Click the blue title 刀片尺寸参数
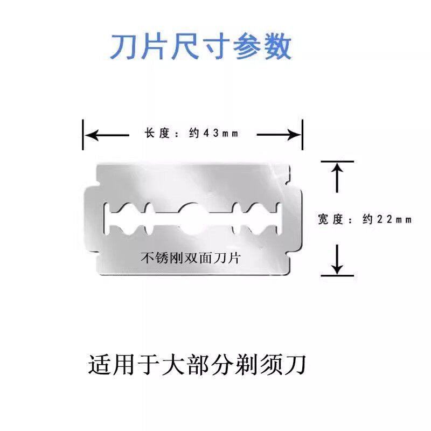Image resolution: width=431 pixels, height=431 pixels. (x=200, y=47)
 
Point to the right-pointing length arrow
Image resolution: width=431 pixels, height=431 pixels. (x=277, y=134)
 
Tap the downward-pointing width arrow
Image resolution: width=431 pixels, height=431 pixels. (x=337, y=259)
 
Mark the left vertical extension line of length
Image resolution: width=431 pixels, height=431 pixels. (x=84, y=135)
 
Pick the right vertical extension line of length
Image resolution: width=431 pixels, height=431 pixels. (x=302, y=135)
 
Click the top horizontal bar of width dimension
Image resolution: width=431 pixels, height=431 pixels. (x=337, y=161)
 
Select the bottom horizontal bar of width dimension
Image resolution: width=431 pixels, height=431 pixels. (x=337, y=275)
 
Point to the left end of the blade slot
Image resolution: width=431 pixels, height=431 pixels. (x=108, y=219)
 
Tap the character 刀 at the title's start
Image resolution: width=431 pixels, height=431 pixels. (x=122, y=47)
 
